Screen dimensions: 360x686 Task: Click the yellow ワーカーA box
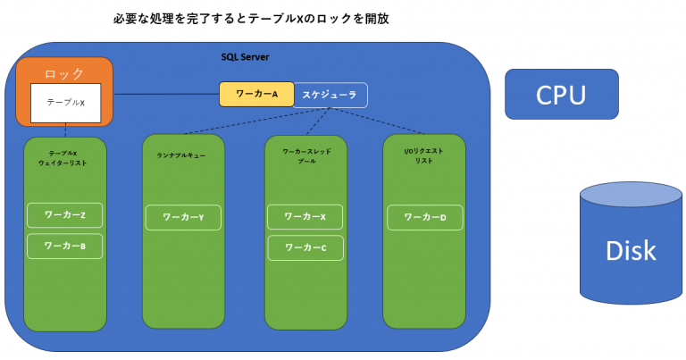tap(256, 94)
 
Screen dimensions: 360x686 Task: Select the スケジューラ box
tap(330, 94)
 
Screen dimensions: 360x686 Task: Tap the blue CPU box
tap(561, 94)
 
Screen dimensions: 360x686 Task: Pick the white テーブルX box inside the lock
tap(64, 103)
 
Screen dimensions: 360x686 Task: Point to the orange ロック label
tap(64, 71)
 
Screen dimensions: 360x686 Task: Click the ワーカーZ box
tap(64, 215)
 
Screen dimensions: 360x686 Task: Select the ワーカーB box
tap(64, 246)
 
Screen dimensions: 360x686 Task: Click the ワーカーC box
tap(305, 247)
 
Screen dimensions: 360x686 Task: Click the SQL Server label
tap(245, 56)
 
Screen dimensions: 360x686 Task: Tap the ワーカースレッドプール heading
tap(306, 156)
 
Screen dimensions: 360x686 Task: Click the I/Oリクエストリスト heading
tap(423, 155)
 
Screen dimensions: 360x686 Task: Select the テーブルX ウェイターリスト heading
tap(63, 158)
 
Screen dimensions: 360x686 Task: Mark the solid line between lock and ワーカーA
tap(166, 94)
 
